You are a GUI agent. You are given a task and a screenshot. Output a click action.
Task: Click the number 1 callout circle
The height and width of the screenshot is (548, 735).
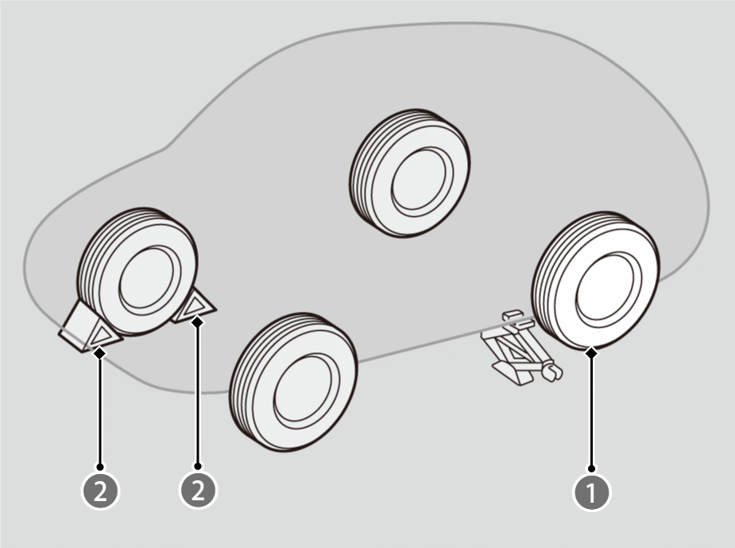tap(591, 492)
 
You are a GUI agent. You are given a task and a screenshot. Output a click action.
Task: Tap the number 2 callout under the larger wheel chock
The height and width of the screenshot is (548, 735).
tap(100, 491)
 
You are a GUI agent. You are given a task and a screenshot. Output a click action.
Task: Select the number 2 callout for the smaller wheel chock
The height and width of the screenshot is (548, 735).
tap(199, 490)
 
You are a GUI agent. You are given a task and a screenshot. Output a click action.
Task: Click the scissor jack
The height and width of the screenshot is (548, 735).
tap(520, 348)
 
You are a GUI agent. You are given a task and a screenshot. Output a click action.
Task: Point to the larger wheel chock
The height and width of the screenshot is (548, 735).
tap(90, 328)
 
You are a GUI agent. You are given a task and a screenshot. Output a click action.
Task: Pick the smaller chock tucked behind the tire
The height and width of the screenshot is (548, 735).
tap(195, 306)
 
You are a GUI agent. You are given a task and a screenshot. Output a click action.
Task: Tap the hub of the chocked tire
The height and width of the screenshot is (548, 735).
tap(149, 280)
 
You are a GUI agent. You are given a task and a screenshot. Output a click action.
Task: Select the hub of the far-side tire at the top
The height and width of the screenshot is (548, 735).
tap(422, 182)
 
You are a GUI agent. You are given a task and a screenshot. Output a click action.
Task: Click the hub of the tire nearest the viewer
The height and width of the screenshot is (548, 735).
tap(307, 387)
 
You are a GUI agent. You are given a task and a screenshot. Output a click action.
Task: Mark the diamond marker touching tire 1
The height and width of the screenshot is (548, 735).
tap(591, 352)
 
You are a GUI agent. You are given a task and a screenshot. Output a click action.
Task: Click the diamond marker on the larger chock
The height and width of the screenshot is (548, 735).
tap(100, 353)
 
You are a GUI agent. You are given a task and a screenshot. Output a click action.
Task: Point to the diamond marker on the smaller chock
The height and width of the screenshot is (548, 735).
tap(198, 322)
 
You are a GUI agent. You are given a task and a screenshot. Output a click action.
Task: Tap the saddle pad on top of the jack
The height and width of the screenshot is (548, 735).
tap(512, 314)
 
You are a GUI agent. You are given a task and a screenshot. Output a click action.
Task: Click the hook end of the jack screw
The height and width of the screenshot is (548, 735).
tap(552, 371)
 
